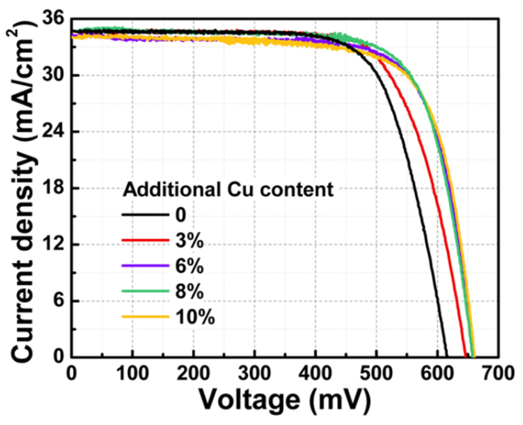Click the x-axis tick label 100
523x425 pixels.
(132, 373)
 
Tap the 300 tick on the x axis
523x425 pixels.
(254, 373)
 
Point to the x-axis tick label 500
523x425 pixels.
(376, 373)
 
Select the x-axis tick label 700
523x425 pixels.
(498, 373)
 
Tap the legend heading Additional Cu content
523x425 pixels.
(228, 190)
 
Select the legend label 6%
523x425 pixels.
(189, 266)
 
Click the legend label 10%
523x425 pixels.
(195, 317)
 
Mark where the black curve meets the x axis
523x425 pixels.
(447, 356)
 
